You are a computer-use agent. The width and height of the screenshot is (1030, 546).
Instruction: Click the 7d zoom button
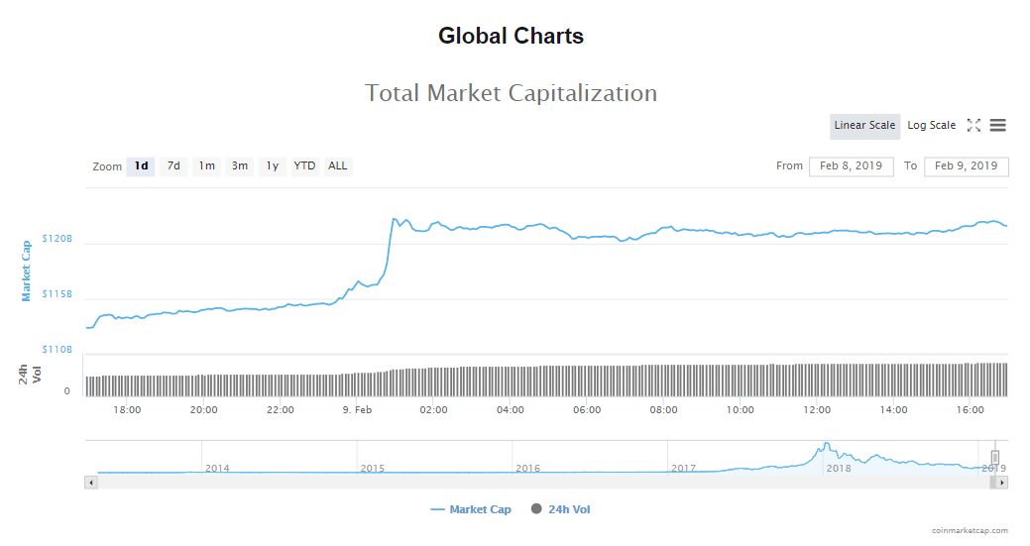point(173,165)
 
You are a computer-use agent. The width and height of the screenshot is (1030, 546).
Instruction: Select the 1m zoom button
point(206,165)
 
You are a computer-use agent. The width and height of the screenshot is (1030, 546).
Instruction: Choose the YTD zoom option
point(304,165)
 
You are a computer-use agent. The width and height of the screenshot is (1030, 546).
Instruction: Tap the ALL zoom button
point(338,165)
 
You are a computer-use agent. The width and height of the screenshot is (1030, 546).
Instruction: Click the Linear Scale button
point(864,126)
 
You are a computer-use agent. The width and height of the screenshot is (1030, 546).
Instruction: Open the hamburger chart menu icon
point(998,126)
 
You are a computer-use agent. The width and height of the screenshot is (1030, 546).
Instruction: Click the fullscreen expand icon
point(973,126)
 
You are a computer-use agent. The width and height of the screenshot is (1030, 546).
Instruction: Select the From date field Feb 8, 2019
point(851,165)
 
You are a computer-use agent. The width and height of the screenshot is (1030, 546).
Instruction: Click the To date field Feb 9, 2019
point(966,165)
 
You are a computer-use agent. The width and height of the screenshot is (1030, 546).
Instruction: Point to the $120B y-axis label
point(58,240)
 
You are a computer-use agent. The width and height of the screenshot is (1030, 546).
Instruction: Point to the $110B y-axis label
point(58,349)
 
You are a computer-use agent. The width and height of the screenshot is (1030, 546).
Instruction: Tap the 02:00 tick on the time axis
point(433,409)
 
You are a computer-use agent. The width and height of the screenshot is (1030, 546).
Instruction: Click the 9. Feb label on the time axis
point(357,409)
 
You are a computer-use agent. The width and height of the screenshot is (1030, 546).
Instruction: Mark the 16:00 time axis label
point(971,409)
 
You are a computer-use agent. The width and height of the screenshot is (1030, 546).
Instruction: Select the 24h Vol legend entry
point(561,509)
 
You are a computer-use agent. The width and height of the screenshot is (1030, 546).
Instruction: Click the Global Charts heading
point(511,37)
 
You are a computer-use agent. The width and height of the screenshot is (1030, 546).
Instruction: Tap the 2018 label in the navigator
point(839,468)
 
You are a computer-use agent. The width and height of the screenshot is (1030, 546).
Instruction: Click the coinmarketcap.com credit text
point(970,531)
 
